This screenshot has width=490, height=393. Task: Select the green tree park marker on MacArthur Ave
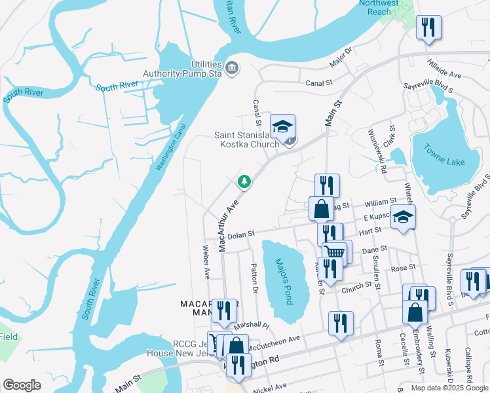[x=244, y=181]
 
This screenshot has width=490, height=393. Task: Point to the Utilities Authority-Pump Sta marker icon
[x=231, y=68]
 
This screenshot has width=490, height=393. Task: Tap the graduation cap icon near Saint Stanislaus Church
[x=283, y=126]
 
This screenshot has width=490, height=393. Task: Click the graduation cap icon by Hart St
[x=403, y=217]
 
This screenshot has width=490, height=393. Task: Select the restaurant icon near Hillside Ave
[x=428, y=28]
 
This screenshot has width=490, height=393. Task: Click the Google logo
[x=22, y=385]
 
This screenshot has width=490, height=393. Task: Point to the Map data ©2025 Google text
[x=449, y=387]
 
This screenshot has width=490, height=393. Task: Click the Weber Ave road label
[x=206, y=261]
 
